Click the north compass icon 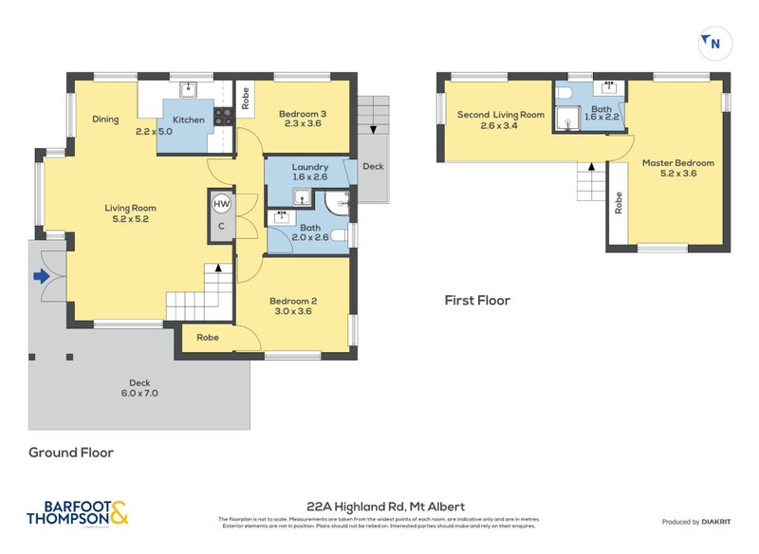click(712, 42)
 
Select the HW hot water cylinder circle click(221, 204)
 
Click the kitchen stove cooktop click(224, 118)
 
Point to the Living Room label click(130, 213)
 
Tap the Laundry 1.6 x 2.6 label click(309, 172)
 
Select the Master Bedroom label click(677, 169)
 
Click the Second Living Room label click(500, 120)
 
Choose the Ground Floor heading click(71, 452)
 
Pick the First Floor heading click(477, 301)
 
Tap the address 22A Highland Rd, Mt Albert click(385, 507)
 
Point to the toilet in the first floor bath click(565, 94)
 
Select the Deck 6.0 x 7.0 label click(139, 388)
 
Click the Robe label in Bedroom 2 click(208, 338)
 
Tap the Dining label click(105, 120)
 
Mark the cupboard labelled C click(221, 227)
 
